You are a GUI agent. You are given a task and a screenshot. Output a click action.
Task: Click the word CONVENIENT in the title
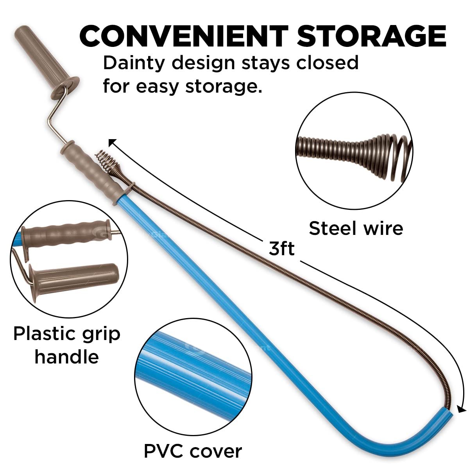184,36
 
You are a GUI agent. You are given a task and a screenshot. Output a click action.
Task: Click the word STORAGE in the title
372,36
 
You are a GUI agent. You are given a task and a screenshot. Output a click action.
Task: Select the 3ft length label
281,248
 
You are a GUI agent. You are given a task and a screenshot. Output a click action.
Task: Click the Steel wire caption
356,228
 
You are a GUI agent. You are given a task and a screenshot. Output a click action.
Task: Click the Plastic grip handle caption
67,345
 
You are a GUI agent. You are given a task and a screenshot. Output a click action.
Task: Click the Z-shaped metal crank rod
57,117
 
